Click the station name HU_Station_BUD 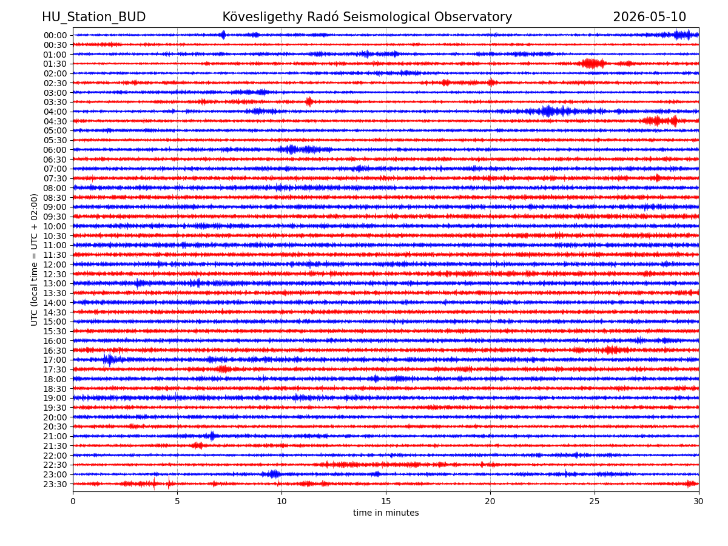click(x=93, y=17)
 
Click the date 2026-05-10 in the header click(x=649, y=17)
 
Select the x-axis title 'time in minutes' click(x=386, y=513)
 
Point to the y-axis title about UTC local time click(x=34, y=260)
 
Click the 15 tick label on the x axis click(x=386, y=501)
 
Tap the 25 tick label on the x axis click(x=595, y=501)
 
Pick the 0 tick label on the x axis click(x=73, y=501)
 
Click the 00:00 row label click(x=55, y=35)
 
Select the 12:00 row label click(x=55, y=265)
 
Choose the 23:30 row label click(x=55, y=484)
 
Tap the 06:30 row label click(x=55, y=160)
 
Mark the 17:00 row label click(x=55, y=360)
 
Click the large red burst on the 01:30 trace click(x=593, y=63)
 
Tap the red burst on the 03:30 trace click(x=309, y=102)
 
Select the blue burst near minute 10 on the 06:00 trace click(x=292, y=149)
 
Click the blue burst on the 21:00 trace click(x=212, y=436)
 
